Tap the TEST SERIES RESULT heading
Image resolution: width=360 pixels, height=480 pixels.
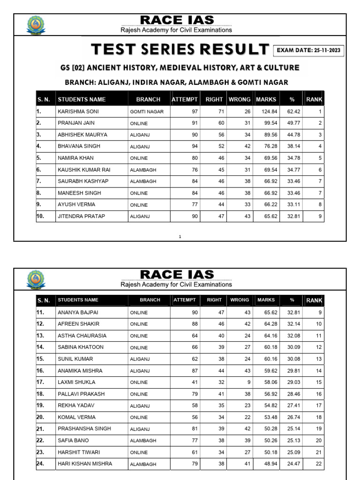(x=180, y=49)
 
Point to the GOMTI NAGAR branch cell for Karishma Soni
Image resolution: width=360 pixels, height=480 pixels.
(x=147, y=112)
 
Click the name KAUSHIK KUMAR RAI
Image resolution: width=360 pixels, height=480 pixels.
(x=84, y=170)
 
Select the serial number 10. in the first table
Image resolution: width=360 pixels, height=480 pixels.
(x=41, y=216)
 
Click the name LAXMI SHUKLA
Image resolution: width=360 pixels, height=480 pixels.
(x=76, y=382)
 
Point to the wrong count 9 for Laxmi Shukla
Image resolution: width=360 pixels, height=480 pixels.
(x=248, y=382)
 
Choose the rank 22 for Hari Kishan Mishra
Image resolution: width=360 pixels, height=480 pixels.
(x=318, y=464)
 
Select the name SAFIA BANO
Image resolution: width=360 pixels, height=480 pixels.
(x=73, y=440)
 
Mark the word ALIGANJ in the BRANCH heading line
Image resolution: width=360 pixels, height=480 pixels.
(x=112, y=83)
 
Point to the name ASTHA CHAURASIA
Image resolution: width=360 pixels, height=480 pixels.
(x=82, y=336)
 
